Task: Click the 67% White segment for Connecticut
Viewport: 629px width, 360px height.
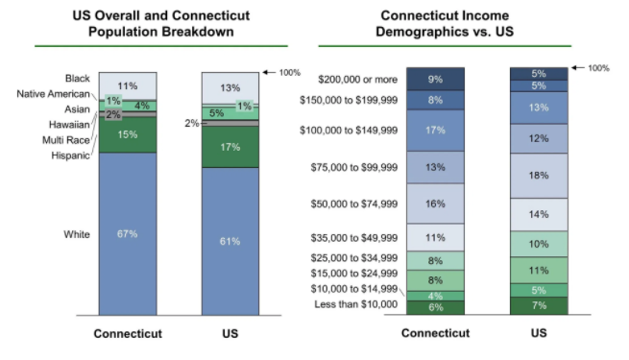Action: (x=128, y=233)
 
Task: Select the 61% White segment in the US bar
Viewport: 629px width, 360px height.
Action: (x=230, y=241)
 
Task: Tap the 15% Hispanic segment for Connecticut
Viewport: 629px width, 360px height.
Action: (x=128, y=134)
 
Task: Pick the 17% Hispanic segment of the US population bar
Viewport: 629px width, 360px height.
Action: (x=230, y=147)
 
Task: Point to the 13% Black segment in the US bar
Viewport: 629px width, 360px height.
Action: (x=230, y=87)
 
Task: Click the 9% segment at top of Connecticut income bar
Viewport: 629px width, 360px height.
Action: (x=435, y=79)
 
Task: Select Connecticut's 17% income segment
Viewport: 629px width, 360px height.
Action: (x=435, y=131)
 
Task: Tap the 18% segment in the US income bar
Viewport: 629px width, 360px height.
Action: (x=539, y=176)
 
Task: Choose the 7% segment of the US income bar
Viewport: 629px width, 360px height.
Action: (x=539, y=305)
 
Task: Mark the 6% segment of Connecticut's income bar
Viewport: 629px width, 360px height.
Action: (x=435, y=307)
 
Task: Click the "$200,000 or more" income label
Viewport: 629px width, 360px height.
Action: (x=358, y=80)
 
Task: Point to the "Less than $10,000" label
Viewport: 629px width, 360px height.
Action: (x=356, y=304)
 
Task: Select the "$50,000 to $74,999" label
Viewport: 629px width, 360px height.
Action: (x=354, y=204)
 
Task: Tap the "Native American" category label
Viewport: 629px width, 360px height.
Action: (x=53, y=94)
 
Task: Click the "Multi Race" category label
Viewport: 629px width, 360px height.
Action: (x=66, y=140)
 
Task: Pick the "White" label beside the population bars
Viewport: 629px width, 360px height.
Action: (x=77, y=234)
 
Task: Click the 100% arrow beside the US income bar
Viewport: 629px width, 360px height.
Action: (x=578, y=68)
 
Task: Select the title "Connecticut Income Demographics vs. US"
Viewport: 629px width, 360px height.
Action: (x=445, y=23)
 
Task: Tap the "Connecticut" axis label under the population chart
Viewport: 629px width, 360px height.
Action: (x=128, y=333)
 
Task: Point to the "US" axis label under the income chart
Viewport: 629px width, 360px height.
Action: (x=539, y=333)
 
